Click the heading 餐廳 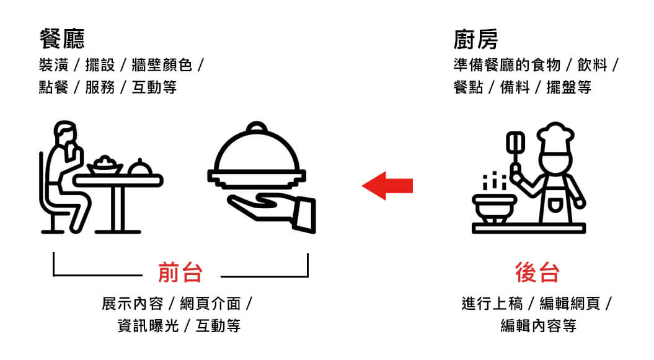click(61, 40)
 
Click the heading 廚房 click(475, 40)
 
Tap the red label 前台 click(180, 272)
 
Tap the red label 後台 click(537, 272)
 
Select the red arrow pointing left click(387, 185)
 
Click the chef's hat click(555, 135)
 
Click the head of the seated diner click(64, 133)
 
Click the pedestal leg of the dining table click(117, 208)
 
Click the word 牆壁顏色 click(162, 65)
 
